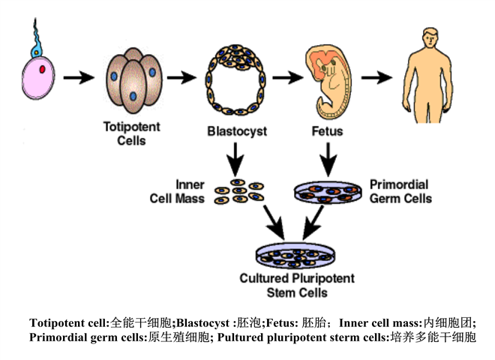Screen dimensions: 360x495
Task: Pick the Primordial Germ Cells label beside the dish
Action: click(400, 191)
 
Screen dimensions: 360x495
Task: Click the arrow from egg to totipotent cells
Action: click(78, 78)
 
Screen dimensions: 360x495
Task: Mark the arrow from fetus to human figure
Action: click(376, 76)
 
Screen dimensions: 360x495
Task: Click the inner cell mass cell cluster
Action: click(238, 191)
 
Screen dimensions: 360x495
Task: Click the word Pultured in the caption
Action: click(239, 337)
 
